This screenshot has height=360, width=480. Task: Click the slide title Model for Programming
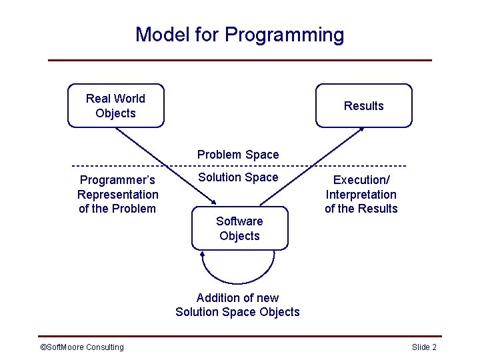click(240, 34)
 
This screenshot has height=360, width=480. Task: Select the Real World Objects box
click(115, 105)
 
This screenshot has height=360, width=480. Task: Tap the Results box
click(363, 105)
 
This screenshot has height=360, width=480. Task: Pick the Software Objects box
click(239, 229)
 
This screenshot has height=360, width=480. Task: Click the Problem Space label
click(238, 155)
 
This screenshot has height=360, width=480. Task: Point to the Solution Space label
click(238, 177)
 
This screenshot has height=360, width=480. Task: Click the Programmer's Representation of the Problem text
click(117, 194)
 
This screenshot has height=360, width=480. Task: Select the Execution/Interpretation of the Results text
click(361, 194)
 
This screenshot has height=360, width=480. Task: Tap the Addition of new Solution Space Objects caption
click(237, 305)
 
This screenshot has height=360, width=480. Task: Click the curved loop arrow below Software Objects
click(238, 282)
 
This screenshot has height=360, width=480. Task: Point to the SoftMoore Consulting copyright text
click(82, 347)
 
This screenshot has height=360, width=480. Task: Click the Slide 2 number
click(424, 347)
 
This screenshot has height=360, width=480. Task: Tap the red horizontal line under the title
click(240, 60)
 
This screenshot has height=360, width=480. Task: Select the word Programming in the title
click(285, 35)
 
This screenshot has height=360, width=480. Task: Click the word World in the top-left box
click(130, 99)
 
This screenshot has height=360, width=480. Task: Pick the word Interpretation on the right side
click(361, 194)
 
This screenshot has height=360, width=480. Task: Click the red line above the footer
click(240, 336)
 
